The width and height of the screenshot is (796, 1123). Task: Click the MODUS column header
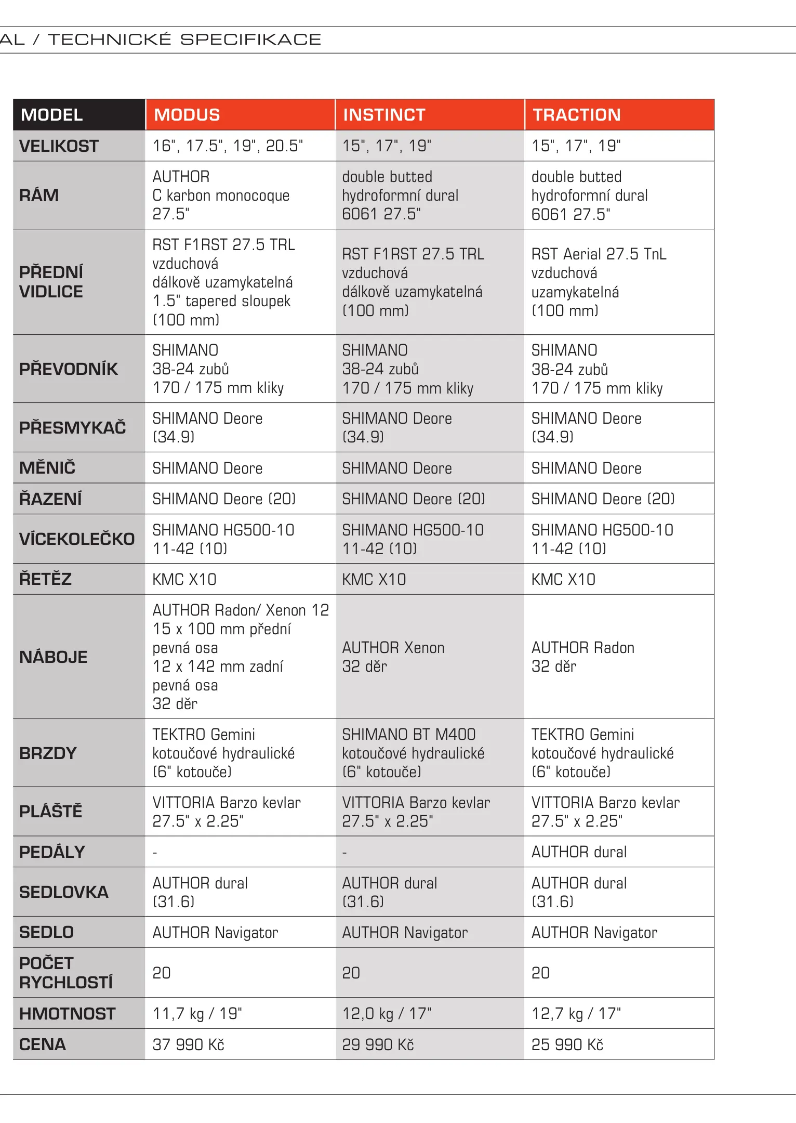click(187, 115)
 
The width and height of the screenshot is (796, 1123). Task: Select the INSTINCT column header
click(384, 115)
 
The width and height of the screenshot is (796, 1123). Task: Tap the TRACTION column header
click(576, 115)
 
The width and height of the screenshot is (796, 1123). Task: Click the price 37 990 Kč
click(188, 1044)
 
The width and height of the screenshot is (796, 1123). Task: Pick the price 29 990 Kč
click(378, 1044)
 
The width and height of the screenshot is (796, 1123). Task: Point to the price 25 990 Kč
click(567, 1044)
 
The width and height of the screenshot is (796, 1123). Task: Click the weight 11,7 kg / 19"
click(197, 1013)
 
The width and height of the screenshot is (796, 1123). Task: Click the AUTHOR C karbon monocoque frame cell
click(221, 195)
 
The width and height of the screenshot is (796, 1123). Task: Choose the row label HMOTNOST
click(67, 1013)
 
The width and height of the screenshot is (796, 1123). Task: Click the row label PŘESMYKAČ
click(72, 427)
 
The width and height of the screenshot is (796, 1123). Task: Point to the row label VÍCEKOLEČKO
click(77, 539)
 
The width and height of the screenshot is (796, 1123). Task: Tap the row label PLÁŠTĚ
click(50, 811)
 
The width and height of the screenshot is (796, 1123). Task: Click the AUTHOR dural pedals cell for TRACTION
click(579, 852)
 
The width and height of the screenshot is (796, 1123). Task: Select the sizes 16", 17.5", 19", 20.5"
click(228, 146)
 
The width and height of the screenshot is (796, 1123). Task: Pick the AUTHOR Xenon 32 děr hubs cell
click(393, 657)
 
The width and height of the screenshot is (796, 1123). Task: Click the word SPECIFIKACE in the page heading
click(250, 40)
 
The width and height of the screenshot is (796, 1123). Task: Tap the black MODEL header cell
click(52, 115)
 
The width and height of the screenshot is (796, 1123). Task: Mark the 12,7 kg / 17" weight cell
click(576, 1013)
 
